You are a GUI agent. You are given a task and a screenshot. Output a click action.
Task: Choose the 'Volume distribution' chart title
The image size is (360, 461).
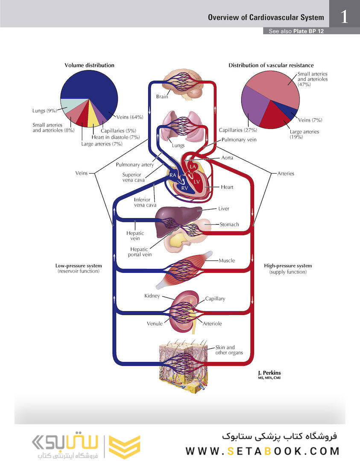[x=89, y=65]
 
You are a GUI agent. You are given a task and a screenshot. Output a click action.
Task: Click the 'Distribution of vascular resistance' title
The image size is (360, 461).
[x=271, y=65]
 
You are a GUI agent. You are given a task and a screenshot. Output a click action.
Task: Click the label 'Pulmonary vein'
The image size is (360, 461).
[x=239, y=140]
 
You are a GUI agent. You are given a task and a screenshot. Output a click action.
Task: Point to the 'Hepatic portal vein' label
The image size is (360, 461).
[x=140, y=252]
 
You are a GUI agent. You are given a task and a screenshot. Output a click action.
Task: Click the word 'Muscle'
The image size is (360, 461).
[x=226, y=260]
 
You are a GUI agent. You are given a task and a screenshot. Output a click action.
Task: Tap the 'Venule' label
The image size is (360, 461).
[x=155, y=324]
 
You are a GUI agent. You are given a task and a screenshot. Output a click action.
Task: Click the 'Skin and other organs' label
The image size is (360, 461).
[x=229, y=350]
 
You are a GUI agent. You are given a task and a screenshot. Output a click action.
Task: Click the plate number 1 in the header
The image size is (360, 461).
[x=344, y=17]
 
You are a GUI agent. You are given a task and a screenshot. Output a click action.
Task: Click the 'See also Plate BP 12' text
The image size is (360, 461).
[x=296, y=31]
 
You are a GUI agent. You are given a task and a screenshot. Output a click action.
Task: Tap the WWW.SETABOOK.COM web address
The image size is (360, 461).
[x=263, y=451]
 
